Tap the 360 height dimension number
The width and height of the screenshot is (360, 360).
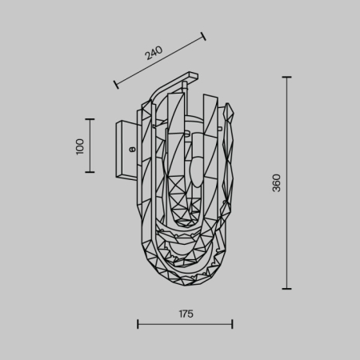(276, 183)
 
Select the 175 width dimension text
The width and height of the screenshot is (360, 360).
(185, 314)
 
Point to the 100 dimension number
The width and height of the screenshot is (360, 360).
(79, 146)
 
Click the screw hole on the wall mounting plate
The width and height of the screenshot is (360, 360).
(132, 147)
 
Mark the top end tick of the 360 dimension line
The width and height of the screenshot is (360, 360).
(287, 77)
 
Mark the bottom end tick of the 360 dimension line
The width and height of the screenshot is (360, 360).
(287, 289)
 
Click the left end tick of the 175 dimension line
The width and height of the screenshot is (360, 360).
(138, 324)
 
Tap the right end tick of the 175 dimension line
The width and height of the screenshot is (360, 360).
(232, 324)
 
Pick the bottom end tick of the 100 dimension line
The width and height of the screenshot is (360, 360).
(90, 173)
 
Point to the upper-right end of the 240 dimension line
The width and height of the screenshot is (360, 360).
(203, 35)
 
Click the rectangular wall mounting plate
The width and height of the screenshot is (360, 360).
(127, 147)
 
